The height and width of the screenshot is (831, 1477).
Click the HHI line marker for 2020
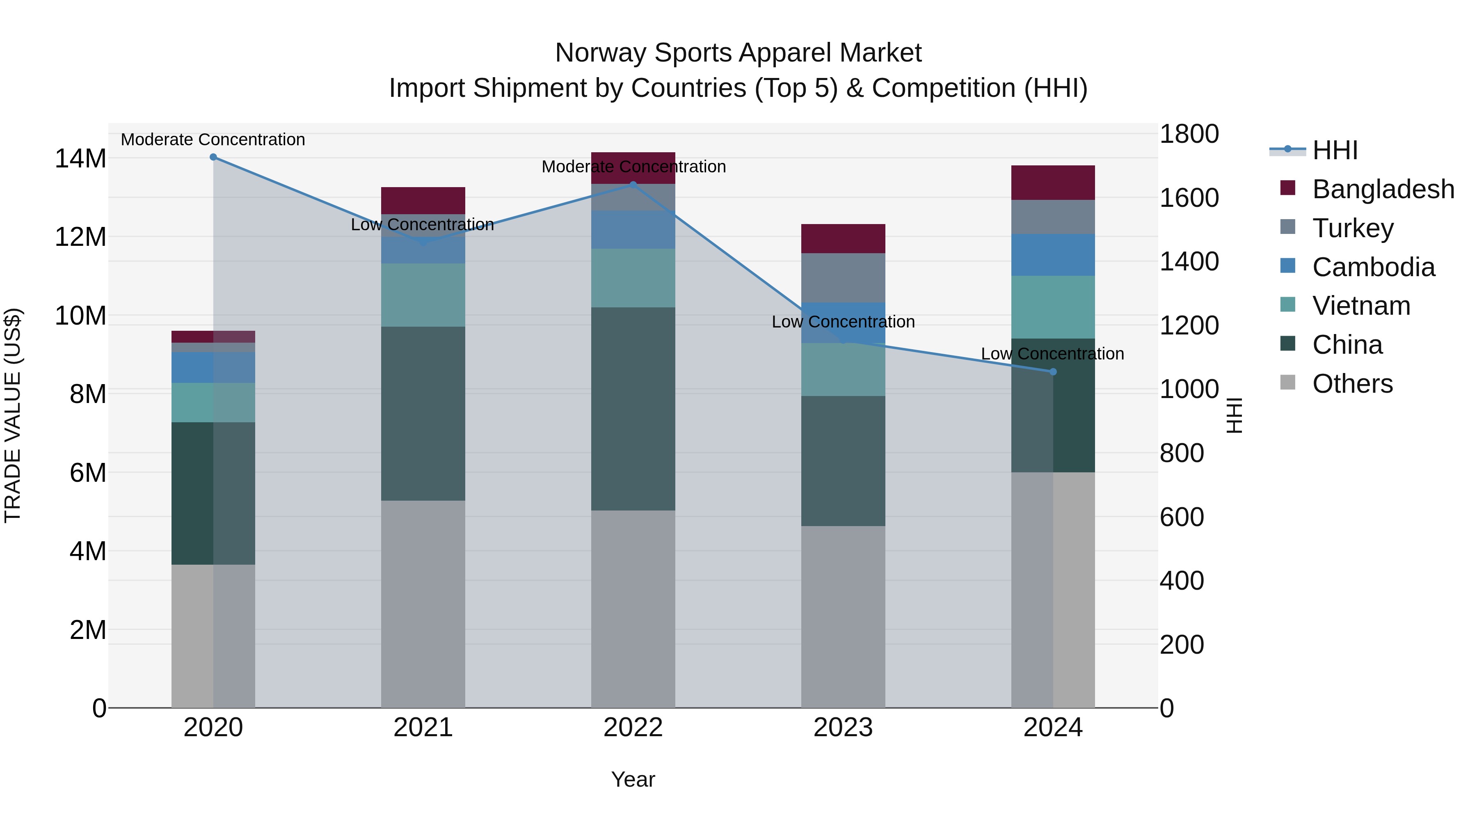[x=213, y=157]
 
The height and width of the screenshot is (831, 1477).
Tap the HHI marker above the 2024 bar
[x=1053, y=372]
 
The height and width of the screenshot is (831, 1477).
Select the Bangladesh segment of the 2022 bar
[x=633, y=167]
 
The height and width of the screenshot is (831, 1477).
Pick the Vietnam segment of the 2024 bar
[x=1053, y=307]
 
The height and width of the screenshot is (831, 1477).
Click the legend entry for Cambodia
[x=1373, y=267]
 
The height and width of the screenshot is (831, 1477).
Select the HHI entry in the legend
[x=1335, y=150]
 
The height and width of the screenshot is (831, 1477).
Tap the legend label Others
[x=1352, y=384]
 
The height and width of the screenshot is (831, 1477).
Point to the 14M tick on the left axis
[x=80, y=159]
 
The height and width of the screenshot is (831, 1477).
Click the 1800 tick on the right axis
[x=1189, y=134]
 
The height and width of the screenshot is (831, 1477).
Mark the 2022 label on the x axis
[x=633, y=728]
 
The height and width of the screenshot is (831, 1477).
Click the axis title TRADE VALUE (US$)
[x=13, y=415]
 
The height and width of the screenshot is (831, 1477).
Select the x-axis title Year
[x=633, y=779]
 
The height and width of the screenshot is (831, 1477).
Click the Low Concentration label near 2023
[x=843, y=322]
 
